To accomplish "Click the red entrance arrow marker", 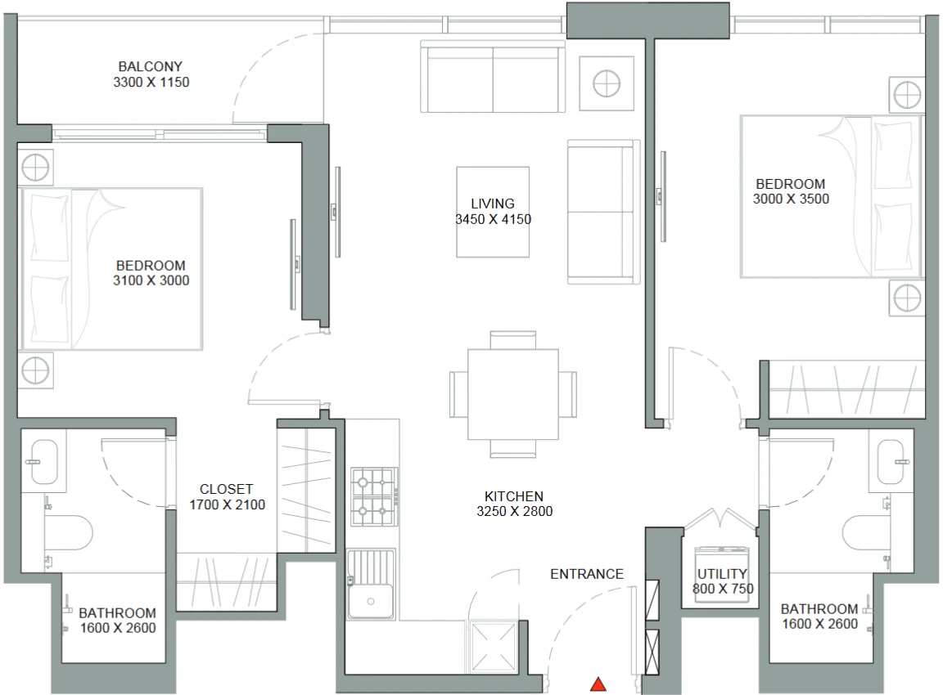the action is tap(598, 684).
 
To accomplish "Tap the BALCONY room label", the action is tap(151, 67).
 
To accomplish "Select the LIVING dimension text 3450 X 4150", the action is tap(493, 219).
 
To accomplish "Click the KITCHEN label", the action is tap(513, 496).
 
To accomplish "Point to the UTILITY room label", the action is tap(722, 574).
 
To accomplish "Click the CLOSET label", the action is tap(226, 489).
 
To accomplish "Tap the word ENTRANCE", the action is tap(586, 574).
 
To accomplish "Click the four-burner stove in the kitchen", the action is tap(374, 496).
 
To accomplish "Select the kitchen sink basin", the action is tap(371, 601).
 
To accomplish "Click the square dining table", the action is tap(513, 394).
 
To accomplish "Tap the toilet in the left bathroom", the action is tap(68, 532).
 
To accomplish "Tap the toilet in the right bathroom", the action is tap(866, 532).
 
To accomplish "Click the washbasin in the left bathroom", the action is tap(44, 461).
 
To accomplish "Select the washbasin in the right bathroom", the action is tap(891, 461).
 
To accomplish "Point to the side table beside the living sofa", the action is tap(607, 83).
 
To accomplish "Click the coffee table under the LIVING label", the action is tap(493, 212).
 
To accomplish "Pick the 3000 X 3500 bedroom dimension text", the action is tap(791, 199).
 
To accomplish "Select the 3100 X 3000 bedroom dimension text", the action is tap(151, 280).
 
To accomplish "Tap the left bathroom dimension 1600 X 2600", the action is tap(118, 628).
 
